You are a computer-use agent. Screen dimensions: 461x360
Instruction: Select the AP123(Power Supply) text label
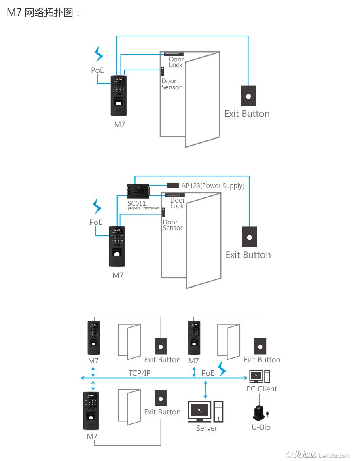pos(213,186)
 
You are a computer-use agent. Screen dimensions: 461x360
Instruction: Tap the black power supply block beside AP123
pos(173,185)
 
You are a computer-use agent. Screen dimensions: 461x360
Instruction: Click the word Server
pos(207,428)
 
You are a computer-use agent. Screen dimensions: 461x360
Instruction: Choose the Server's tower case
pos(218,412)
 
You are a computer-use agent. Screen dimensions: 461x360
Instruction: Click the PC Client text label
pos(262,389)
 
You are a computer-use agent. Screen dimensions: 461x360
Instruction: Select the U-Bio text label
pos(261,427)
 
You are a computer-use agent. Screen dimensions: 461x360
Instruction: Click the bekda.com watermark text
pos(334,455)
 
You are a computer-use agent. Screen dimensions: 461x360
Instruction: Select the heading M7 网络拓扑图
pos(44,13)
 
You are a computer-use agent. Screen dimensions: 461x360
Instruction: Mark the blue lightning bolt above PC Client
pos(222,368)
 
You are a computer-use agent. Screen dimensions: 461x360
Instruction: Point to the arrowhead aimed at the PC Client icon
pos(245,378)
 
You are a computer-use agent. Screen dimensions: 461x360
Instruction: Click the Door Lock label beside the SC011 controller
pos(177,203)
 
